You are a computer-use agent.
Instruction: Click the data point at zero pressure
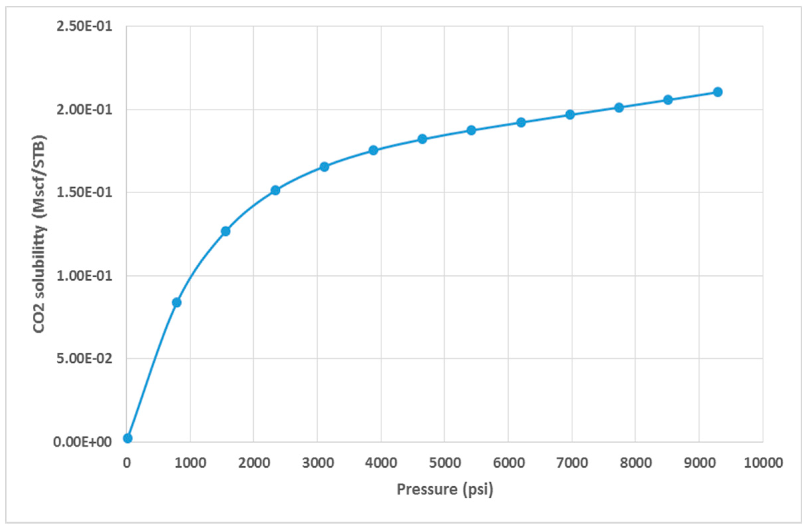pyautogui.click(x=128, y=438)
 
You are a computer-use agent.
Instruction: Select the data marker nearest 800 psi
pyautogui.click(x=177, y=302)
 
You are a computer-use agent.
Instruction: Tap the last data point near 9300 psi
pyautogui.click(x=718, y=92)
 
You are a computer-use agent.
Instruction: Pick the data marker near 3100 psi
pyautogui.click(x=324, y=167)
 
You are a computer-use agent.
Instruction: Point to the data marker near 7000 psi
pyautogui.click(x=570, y=114)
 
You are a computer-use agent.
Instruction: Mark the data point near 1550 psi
pyautogui.click(x=226, y=231)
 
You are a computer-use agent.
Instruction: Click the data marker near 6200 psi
pyautogui.click(x=521, y=122)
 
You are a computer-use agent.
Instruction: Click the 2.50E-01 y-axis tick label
pyautogui.click(x=84, y=27)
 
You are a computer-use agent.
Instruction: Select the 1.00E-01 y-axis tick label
pyautogui.click(x=84, y=276)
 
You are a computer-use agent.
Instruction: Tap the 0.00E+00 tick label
pyautogui.click(x=83, y=442)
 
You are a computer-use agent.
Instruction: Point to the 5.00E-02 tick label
pyautogui.click(x=84, y=359)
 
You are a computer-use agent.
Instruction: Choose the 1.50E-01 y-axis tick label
pyautogui.click(x=84, y=193)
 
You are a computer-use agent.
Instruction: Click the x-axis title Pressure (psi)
pyautogui.click(x=445, y=489)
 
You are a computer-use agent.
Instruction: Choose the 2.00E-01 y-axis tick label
pyautogui.click(x=84, y=110)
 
